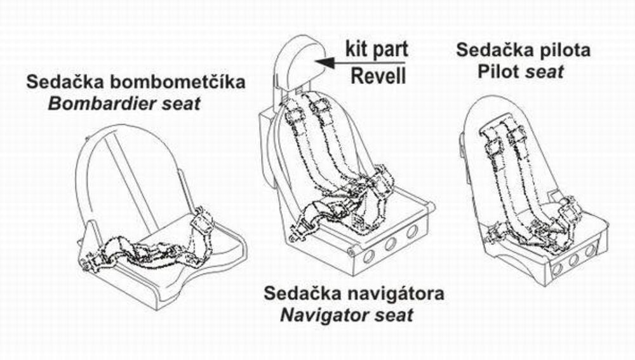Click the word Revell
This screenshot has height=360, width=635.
[379, 76]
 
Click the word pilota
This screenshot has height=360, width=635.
[561, 50]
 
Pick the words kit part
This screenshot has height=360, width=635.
[377, 48]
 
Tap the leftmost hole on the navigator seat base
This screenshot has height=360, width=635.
[368, 256]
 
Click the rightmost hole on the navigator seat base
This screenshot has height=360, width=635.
[412, 232]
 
